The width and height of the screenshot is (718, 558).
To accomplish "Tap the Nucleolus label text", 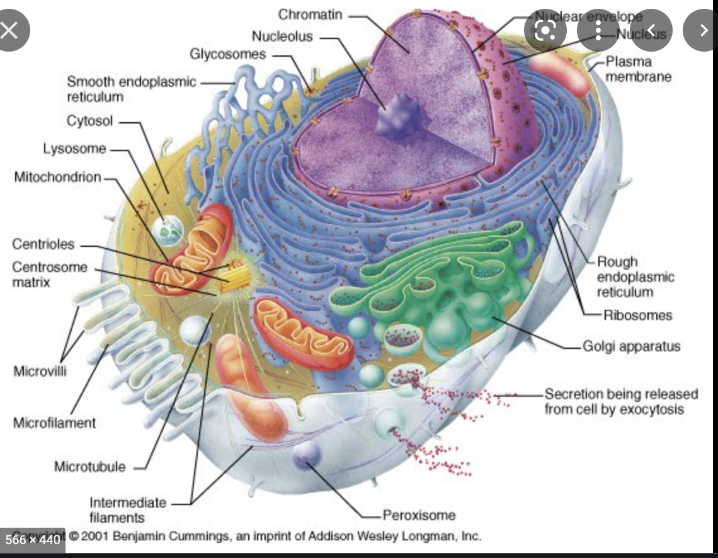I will point(282,36).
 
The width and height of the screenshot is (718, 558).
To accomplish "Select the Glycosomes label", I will point(228,54).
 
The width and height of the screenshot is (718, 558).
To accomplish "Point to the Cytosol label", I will point(90,120).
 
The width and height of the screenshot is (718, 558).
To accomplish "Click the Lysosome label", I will point(75,149).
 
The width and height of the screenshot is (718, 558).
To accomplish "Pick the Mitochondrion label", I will point(57,177).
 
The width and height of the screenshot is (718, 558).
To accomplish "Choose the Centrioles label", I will point(43,244).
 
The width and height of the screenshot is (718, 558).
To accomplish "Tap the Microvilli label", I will point(40,370).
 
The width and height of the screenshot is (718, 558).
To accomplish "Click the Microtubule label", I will point(90,467).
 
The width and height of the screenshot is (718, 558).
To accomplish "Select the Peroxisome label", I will point(419,515).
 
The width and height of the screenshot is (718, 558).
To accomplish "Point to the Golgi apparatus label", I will point(632,346).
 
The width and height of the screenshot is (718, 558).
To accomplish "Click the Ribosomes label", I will point(638,315).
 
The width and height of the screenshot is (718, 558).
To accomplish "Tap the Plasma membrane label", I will point(637,69).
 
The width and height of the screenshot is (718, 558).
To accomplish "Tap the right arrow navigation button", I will point(704,30).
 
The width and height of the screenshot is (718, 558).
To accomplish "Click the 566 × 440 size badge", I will point(33,540).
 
